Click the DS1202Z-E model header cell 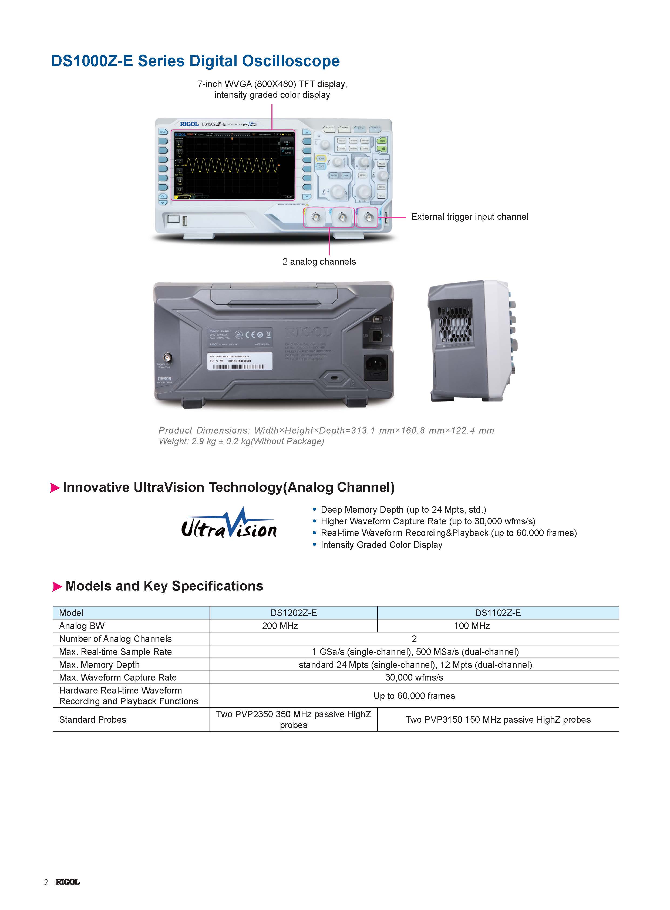pyautogui.click(x=293, y=612)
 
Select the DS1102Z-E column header pyautogui.click(x=498, y=612)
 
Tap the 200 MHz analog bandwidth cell pyautogui.click(x=280, y=625)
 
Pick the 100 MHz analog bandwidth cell pyautogui.click(x=472, y=625)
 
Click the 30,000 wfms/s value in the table pyautogui.click(x=414, y=677)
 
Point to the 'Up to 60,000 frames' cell pyautogui.click(x=414, y=696)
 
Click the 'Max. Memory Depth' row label pyautogui.click(x=99, y=664)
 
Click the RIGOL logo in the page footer pyautogui.click(x=68, y=882)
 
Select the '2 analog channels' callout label pyautogui.click(x=319, y=261)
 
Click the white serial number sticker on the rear pyautogui.click(x=240, y=361)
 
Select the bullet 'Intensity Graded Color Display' pyautogui.click(x=381, y=545)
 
